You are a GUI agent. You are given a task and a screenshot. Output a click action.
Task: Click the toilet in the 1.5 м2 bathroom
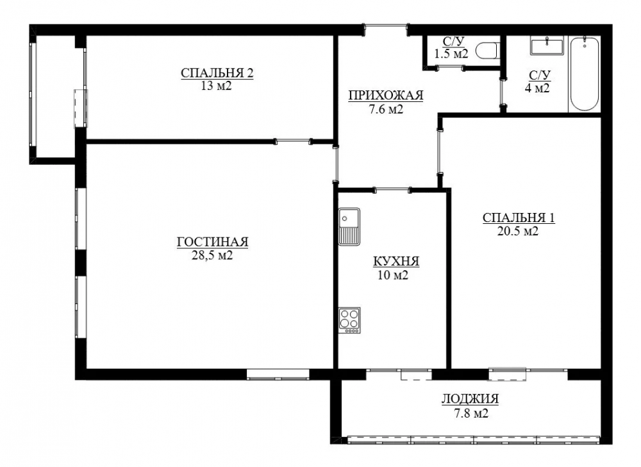coord(487,51)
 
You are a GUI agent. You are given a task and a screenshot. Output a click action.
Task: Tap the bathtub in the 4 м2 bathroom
coord(585,74)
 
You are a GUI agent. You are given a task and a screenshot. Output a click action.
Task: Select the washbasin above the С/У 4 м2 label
coord(547,46)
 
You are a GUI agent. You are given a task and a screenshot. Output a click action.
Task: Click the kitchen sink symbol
coord(349,226)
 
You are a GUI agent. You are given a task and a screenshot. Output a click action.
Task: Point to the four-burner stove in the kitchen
coord(349,320)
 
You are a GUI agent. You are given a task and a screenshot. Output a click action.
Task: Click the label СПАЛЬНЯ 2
coord(217,73)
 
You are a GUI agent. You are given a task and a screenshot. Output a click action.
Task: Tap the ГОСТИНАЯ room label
coord(213,242)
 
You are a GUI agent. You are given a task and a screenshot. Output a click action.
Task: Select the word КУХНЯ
coord(396,261)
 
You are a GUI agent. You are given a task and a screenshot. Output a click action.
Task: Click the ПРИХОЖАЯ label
coord(386,96)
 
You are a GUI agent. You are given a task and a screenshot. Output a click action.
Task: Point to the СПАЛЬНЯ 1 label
coord(519,218)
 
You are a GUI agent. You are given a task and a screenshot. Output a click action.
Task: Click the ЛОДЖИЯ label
coord(470,399)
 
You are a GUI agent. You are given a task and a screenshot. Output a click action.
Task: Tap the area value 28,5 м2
coord(212,256)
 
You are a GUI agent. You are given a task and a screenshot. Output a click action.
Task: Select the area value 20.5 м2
coord(518,232)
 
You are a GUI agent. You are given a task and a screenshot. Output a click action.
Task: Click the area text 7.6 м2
coord(386,110)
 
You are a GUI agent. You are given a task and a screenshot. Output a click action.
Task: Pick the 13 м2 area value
coord(217,87)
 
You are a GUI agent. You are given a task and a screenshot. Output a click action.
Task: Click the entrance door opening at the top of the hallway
coord(387,29)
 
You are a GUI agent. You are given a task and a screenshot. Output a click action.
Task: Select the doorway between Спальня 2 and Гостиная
coord(293,142)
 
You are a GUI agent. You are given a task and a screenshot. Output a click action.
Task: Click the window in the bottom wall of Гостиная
coord(278,374)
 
